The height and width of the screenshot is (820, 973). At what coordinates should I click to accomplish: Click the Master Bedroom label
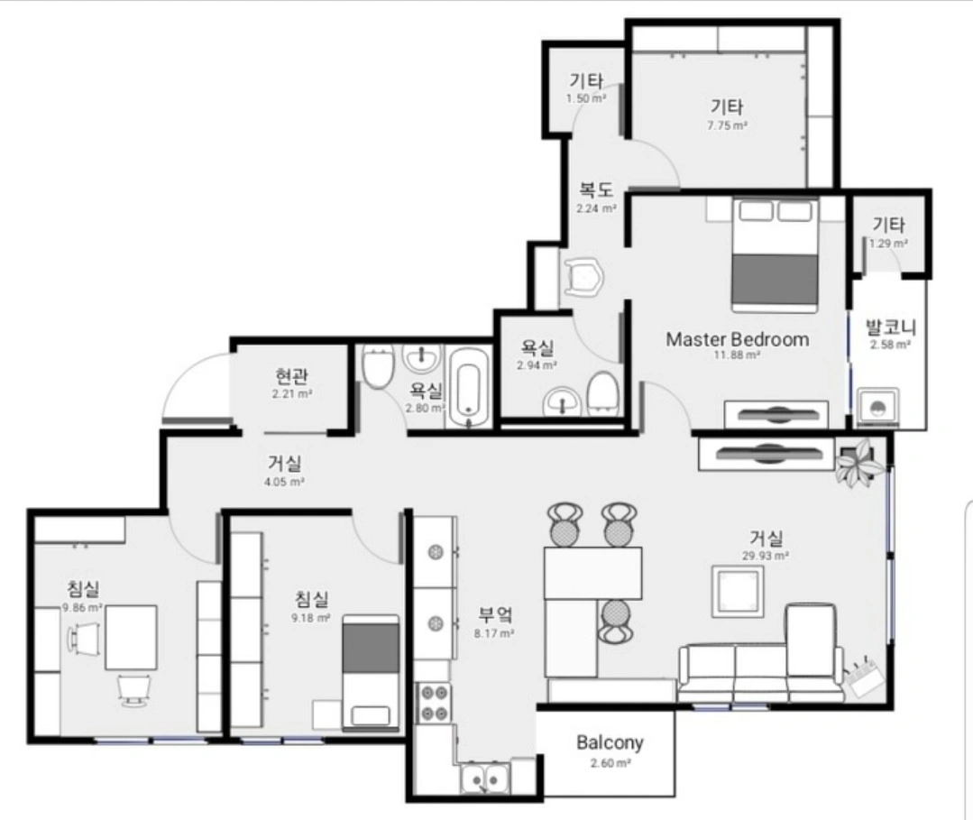pos(738,339)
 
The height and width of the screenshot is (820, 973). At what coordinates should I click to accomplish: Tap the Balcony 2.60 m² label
pos(610,751)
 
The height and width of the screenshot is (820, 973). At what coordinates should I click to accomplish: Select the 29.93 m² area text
pos(765,557)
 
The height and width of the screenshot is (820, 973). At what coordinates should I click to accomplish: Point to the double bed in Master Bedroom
pos(775,254)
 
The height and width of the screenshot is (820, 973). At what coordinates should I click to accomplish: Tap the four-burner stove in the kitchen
pos(435,703)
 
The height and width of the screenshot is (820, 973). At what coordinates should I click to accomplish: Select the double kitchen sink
pos(485,778)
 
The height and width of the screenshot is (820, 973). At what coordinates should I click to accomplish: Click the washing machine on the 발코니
pos(877,407)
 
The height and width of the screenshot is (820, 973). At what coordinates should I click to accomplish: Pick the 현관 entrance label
pos(291,376)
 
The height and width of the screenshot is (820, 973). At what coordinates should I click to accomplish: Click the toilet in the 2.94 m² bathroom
pos(601,393)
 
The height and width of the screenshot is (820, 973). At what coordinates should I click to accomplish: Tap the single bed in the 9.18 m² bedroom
pos(371,671)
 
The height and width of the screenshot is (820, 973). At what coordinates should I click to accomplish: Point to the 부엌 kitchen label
pos(494,615)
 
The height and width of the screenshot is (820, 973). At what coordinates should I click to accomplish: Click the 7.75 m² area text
pos(727,125)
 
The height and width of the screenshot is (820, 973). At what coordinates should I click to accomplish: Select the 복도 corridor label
pos(596,189)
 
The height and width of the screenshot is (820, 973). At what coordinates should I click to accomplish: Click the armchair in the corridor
pos(583,278)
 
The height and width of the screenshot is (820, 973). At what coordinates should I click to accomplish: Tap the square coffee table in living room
pos(738,591)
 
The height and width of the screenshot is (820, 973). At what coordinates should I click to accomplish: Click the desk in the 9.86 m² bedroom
pos(131,638)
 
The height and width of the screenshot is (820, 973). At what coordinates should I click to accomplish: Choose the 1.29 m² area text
pos(888,244)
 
